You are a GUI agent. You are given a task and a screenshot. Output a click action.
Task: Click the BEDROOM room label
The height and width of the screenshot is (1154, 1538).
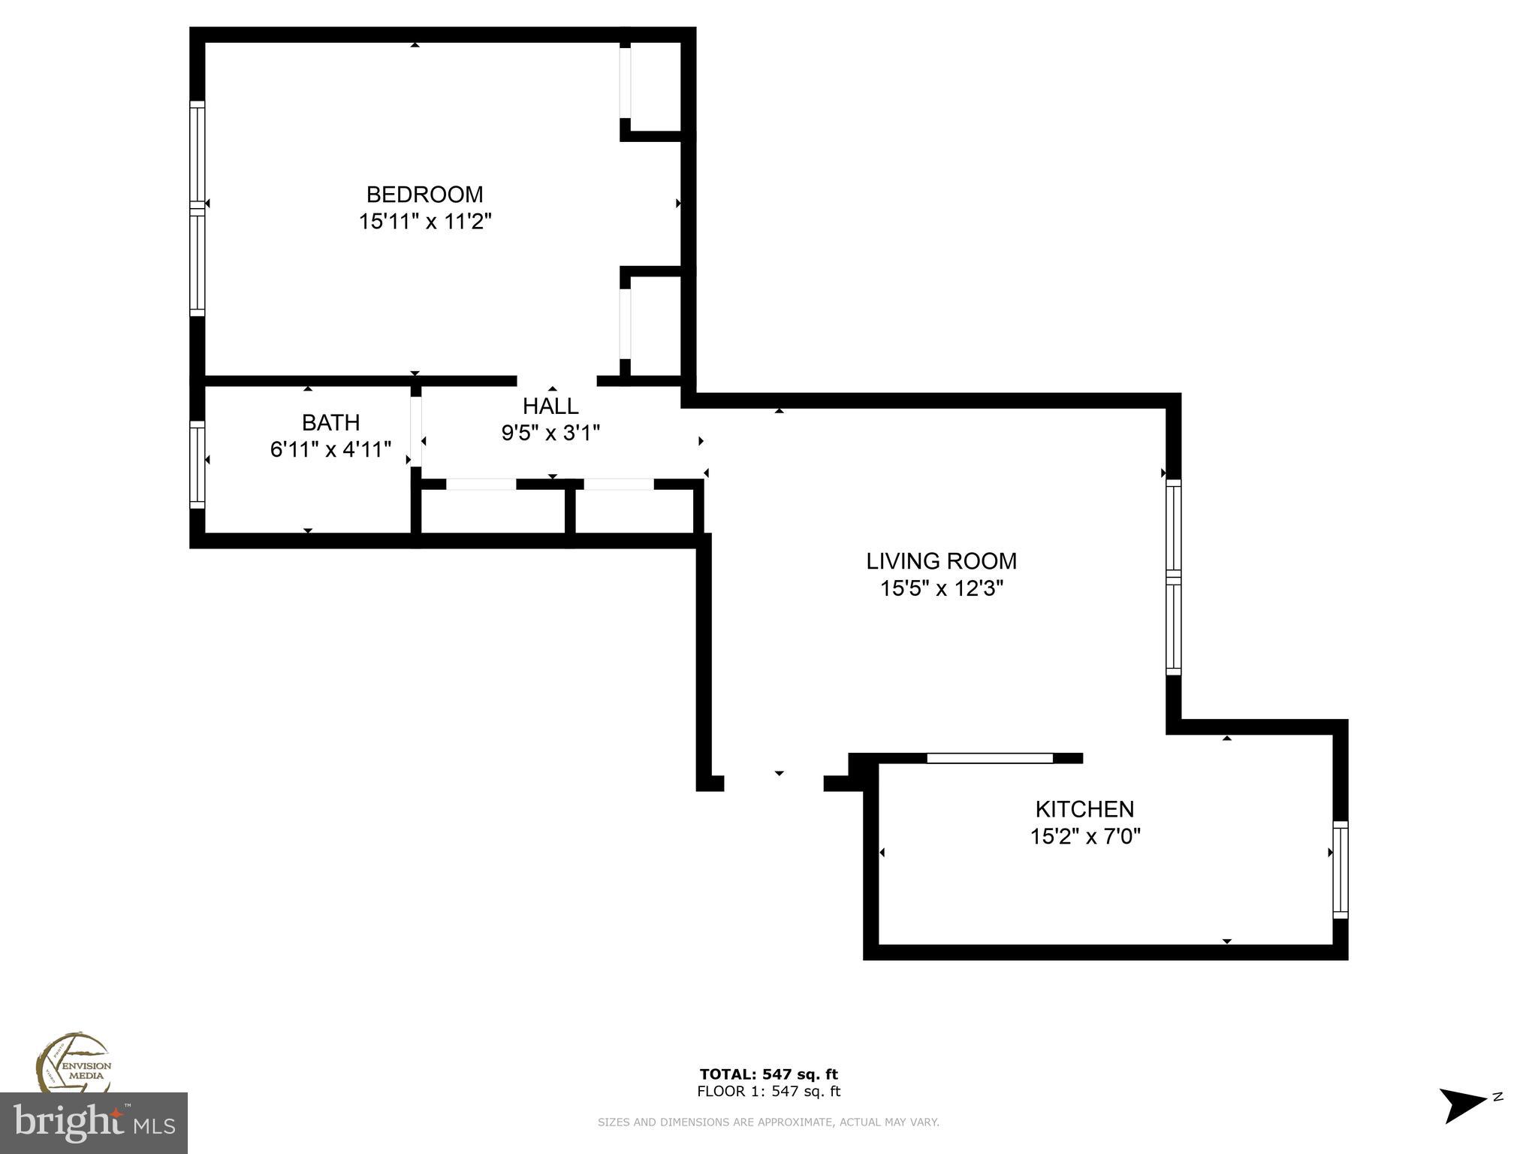424,195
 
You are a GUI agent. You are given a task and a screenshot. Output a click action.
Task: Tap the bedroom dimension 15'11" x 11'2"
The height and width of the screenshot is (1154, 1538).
424,222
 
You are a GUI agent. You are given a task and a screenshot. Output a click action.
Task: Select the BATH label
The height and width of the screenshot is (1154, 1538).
330,422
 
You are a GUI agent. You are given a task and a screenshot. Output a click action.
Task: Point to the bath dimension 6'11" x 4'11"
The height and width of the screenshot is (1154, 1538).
330,450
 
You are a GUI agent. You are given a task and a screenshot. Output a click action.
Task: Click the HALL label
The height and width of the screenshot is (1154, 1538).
550,406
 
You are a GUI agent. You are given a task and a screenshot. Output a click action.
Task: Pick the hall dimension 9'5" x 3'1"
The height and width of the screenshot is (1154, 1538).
550,434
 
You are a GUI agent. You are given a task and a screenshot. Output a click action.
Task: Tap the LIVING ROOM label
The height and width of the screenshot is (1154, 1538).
941,561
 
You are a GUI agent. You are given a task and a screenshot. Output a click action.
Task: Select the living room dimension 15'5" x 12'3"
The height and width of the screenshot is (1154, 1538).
941,588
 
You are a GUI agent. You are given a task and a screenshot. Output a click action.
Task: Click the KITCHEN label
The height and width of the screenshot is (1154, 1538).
1084,809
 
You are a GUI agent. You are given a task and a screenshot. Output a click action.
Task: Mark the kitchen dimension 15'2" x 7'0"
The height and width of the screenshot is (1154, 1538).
1084,836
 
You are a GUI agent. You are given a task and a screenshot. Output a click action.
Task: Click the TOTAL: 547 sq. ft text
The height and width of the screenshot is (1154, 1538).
768,1074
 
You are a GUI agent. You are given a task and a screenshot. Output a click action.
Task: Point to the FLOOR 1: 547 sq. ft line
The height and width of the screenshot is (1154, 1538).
768,1092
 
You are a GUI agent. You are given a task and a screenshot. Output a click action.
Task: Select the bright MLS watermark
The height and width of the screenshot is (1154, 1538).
93,1123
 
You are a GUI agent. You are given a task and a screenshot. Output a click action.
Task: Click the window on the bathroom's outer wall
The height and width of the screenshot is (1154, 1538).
197,464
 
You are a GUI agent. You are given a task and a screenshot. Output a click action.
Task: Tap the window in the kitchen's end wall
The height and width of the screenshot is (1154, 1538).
1340,870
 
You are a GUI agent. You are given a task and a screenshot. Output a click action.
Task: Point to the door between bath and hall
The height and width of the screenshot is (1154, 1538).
415,431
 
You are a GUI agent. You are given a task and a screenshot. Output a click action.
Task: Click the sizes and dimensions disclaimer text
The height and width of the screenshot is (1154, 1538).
768,1122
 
